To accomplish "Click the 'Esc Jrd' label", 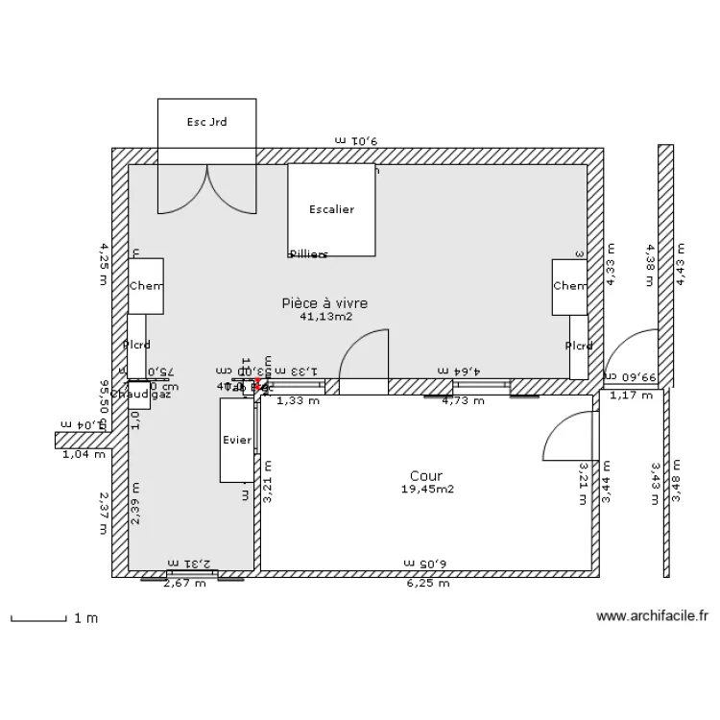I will pos(206,122).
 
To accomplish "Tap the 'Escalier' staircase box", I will pos(331,209).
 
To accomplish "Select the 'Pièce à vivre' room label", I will pos(324,302).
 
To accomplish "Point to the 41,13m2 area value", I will pos(325,316).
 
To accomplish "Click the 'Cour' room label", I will pos(426,476).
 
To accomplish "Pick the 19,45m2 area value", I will pos(427,490).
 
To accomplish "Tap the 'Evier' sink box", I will pos(236,440).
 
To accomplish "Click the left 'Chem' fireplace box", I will pos(146,286).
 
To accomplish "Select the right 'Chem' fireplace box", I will pos(569,286).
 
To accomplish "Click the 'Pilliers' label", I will pos(308,254).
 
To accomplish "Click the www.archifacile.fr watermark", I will pos(652,617).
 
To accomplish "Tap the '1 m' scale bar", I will pos(54,618).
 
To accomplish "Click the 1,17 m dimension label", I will pos(631,395).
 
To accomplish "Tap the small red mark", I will pos(257,384).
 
